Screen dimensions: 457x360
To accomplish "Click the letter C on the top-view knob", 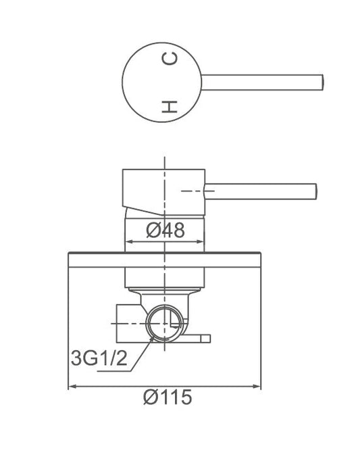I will point(170,60).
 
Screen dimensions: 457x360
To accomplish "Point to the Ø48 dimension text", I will point(165,231).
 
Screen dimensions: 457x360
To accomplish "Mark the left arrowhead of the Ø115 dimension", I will point(72,387).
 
